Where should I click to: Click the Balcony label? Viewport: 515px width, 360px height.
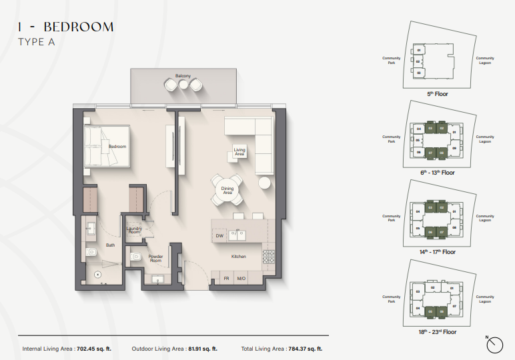tap(183, 76)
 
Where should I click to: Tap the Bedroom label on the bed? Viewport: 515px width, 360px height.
tap(117, 146)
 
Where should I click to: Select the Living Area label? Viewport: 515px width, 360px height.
tap(239, 151)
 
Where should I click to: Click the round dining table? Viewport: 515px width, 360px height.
tap(227, 191)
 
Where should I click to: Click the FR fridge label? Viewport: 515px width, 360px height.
tap(226, 279)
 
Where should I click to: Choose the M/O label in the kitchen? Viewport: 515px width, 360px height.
tap(241, 279)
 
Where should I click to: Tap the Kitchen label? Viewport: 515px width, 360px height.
tap(239, 256)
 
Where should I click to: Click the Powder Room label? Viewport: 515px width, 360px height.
tap(155, 259)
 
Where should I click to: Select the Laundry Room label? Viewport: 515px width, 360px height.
tap(134, 231)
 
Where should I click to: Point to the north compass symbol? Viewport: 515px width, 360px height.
tap(495, 345)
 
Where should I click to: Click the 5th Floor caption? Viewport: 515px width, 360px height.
tap(438, 94)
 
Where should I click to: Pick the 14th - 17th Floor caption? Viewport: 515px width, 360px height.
tap(438, 252)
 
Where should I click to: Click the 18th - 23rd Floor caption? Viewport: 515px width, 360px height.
tap(438, 331)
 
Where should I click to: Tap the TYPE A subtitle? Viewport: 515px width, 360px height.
tap(36, 42)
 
